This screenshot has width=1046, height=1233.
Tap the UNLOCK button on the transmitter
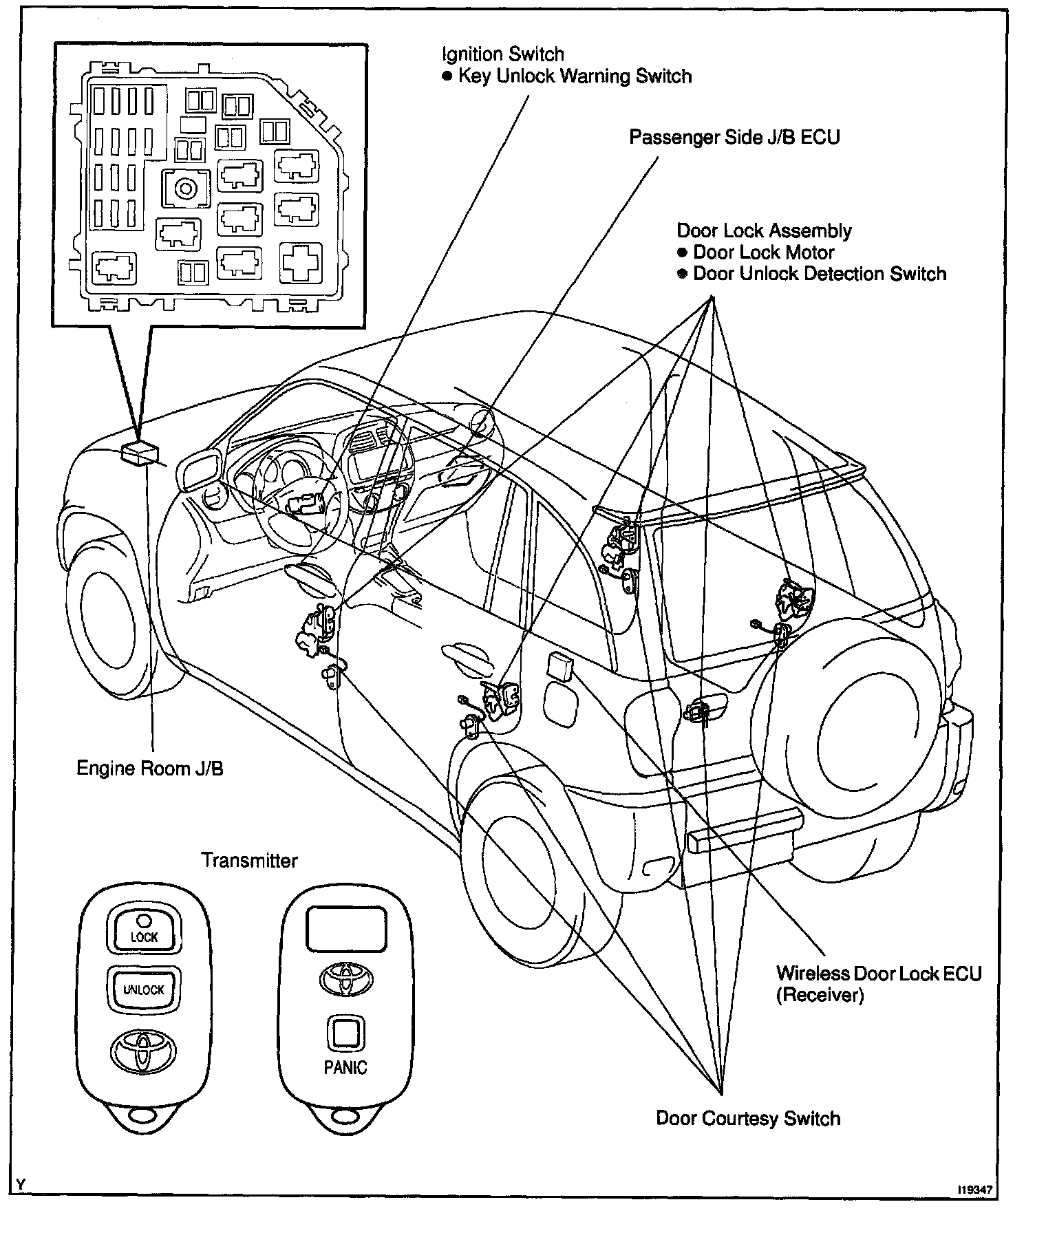144,989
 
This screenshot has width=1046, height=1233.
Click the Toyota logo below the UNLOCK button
143,1050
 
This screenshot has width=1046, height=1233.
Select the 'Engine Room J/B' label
149,768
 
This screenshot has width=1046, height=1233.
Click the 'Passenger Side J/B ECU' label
734,137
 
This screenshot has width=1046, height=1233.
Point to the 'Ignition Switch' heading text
502,54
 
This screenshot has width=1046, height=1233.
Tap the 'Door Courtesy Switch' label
748,1118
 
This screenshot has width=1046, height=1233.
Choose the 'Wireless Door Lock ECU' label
879,974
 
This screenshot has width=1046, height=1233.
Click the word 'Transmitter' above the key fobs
250,860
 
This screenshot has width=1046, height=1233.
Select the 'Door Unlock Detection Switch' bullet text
819,274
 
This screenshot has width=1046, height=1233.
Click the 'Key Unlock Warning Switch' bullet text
575,76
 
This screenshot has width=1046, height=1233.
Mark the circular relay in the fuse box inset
185,188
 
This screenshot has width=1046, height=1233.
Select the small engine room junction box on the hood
139,453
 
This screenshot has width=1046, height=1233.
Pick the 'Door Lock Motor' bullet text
763,253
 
